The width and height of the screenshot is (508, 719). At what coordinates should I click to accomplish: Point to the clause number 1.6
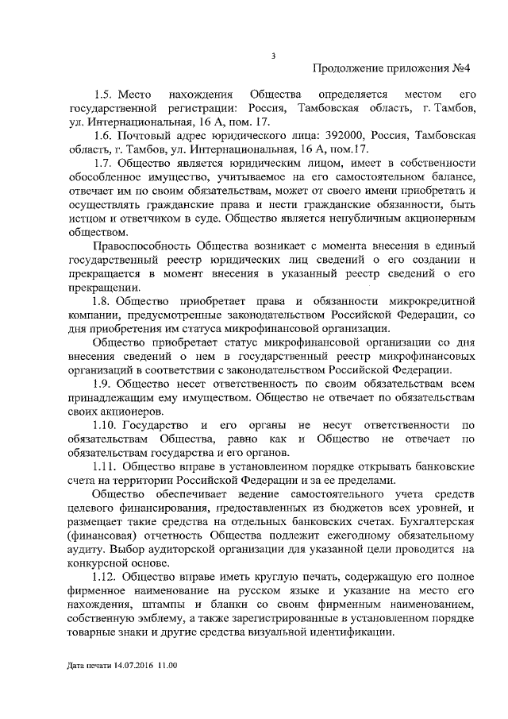(x=103, y=137)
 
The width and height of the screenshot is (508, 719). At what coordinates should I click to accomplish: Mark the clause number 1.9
(x=103, y=384)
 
